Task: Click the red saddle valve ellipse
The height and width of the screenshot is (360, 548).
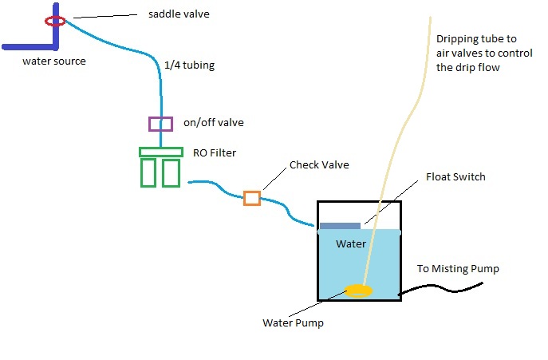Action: tap(55, 21)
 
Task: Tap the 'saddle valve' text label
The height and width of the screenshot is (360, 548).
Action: tap(179, 14)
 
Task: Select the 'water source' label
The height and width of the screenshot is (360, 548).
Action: tap(53, 61)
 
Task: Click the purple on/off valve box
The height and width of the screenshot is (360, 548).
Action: tap(160, 124)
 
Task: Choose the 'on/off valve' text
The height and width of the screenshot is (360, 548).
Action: tap(213, 123)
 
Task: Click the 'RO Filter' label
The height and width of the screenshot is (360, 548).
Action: tap(215, 152)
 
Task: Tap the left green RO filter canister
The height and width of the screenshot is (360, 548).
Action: tap(148, 172)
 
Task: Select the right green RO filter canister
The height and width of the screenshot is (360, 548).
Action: tap(171, 172)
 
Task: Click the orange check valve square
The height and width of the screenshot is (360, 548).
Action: tap(252, 198)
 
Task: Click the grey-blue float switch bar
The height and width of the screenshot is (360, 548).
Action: tap(340, 226)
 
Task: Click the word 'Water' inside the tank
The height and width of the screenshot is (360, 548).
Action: tap(350, 243)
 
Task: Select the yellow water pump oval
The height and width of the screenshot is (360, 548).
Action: tap(358, 291)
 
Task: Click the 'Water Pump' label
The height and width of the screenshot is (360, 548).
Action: tap(293, 323)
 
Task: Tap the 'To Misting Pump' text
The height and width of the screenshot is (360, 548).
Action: tap(458, 269)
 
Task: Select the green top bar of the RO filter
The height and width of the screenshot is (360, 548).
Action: tap(160, 152)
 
